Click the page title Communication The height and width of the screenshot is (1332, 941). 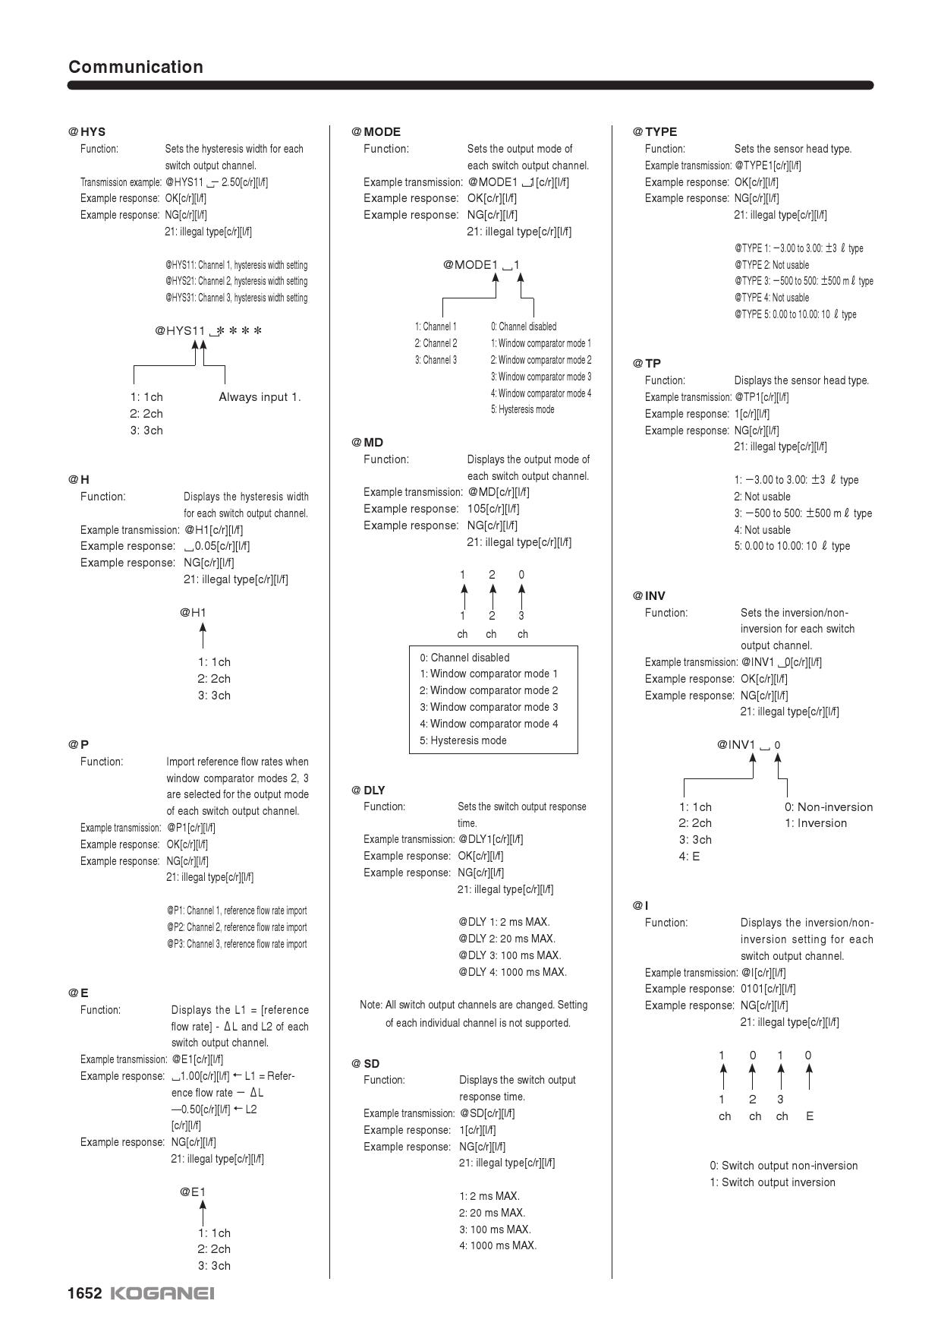tap(136, 67)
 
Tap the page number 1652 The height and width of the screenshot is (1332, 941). tap(84, 1293)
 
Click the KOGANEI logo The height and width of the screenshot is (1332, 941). tap(162, 1293)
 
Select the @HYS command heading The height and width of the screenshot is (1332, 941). tap(87, 131)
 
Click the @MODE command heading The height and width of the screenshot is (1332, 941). tap(376, 131)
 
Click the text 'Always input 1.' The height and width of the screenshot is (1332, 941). tap(260, 396)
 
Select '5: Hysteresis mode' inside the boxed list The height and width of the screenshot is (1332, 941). tap(463, 740)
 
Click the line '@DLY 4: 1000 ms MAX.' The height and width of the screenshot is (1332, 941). tap(512, 972)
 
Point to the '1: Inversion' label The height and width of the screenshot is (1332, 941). tap(816, 823)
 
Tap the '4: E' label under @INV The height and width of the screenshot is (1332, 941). tap(689, 857)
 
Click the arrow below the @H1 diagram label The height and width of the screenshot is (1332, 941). tap(203, 635)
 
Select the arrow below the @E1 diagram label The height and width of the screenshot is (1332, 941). tap(203, 1213)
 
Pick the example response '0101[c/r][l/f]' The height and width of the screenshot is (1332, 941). tap(768, 989)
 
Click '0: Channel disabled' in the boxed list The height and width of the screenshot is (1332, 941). tap(464, 658)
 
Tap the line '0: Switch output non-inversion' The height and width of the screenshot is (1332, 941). tap(784, 1166)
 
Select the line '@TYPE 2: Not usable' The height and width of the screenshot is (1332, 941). tap(772, 265)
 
